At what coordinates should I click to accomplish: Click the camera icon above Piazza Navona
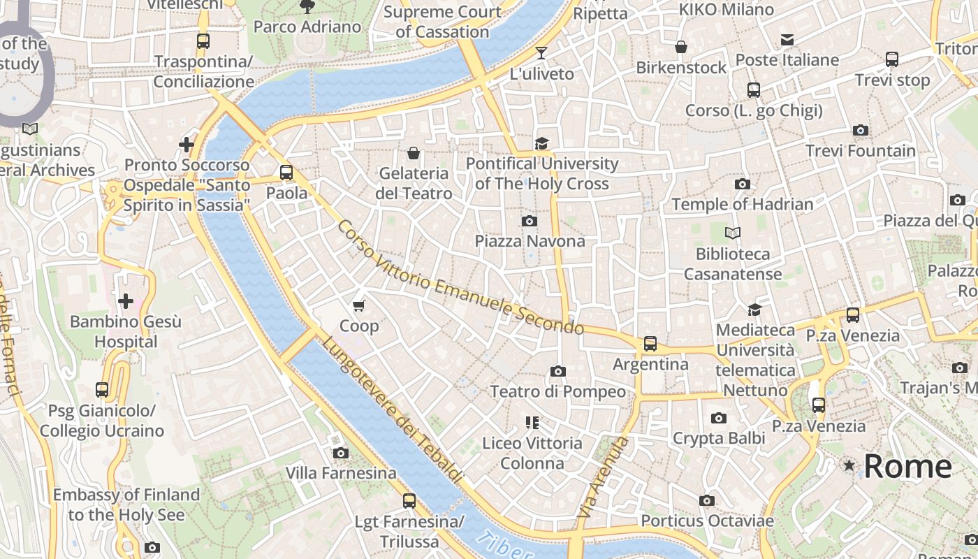pyautogui.click(x=530, y=221)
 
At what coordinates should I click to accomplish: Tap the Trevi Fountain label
pyautogui.click(x=860, y=150)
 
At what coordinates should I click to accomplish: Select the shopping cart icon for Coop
pyautogui.click(x=359, y=305)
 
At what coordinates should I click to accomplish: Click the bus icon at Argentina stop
pyautogui.click(x=650, y=343)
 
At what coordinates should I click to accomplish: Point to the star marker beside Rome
pyautogui.click(x=849, y=465)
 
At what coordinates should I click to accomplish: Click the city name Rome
pyautogui.click(x=907, y=466)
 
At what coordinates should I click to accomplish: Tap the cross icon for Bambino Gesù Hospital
pyautogui.click(x=126, y=301)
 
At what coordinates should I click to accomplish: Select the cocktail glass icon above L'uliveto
pyautogui.click(x=541, y=53)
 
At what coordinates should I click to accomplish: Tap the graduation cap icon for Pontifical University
pyautogui.click(x=541, y=143)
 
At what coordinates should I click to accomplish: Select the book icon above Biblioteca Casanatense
pyautogui.click(x=732, y=233)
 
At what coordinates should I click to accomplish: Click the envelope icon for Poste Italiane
pyautogui.click(x=787, y=40)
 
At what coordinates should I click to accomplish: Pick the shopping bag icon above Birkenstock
pyautogui.click(x=681, y=47)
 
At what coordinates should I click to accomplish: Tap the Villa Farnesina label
pyautogui.click(x=341, y=473)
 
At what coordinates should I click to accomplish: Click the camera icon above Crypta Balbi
pyautogui.click(x=718, y=419)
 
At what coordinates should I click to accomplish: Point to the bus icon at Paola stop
pyautogui.click(x=286, y=173)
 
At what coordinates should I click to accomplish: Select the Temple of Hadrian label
pyautogui.click(x=742, y=204)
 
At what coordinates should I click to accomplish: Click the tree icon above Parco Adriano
pyautogui.click(x=307, y=7)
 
